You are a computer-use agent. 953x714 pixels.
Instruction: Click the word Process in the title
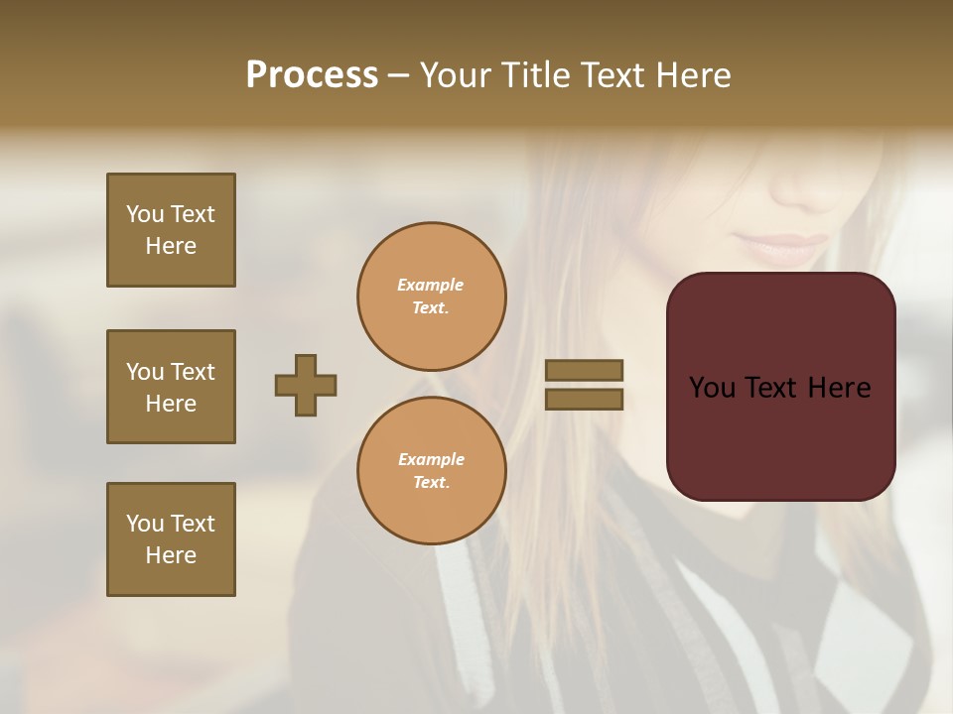click(312, 75)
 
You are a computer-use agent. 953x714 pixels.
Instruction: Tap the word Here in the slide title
click(689, 75)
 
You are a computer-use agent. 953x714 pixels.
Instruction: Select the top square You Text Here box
click(171, 230)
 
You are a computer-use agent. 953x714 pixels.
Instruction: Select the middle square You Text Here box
click(171, 387)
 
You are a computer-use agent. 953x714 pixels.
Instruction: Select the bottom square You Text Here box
click(171, 539)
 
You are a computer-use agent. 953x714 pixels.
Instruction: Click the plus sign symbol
click(306, 385)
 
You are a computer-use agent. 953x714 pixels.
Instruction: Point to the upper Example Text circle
click(432, 297)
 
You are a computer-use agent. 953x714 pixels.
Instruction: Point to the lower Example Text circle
click(432, 471)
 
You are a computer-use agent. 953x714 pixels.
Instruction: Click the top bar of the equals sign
click(584, 370)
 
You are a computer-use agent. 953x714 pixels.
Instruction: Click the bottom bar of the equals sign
click(584, 399)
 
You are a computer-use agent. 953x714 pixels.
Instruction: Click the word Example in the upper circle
click(430, 286)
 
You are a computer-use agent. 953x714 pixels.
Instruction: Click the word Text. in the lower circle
click(431, 483)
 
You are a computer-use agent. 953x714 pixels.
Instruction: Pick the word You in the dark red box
click(712, 388)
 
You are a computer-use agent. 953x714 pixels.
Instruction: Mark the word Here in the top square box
click(171, 246)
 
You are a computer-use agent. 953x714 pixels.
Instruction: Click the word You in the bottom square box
click(145, 524)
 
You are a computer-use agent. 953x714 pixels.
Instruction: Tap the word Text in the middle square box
click(193, 372)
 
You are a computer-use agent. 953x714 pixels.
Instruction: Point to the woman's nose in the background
click(809, 188)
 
